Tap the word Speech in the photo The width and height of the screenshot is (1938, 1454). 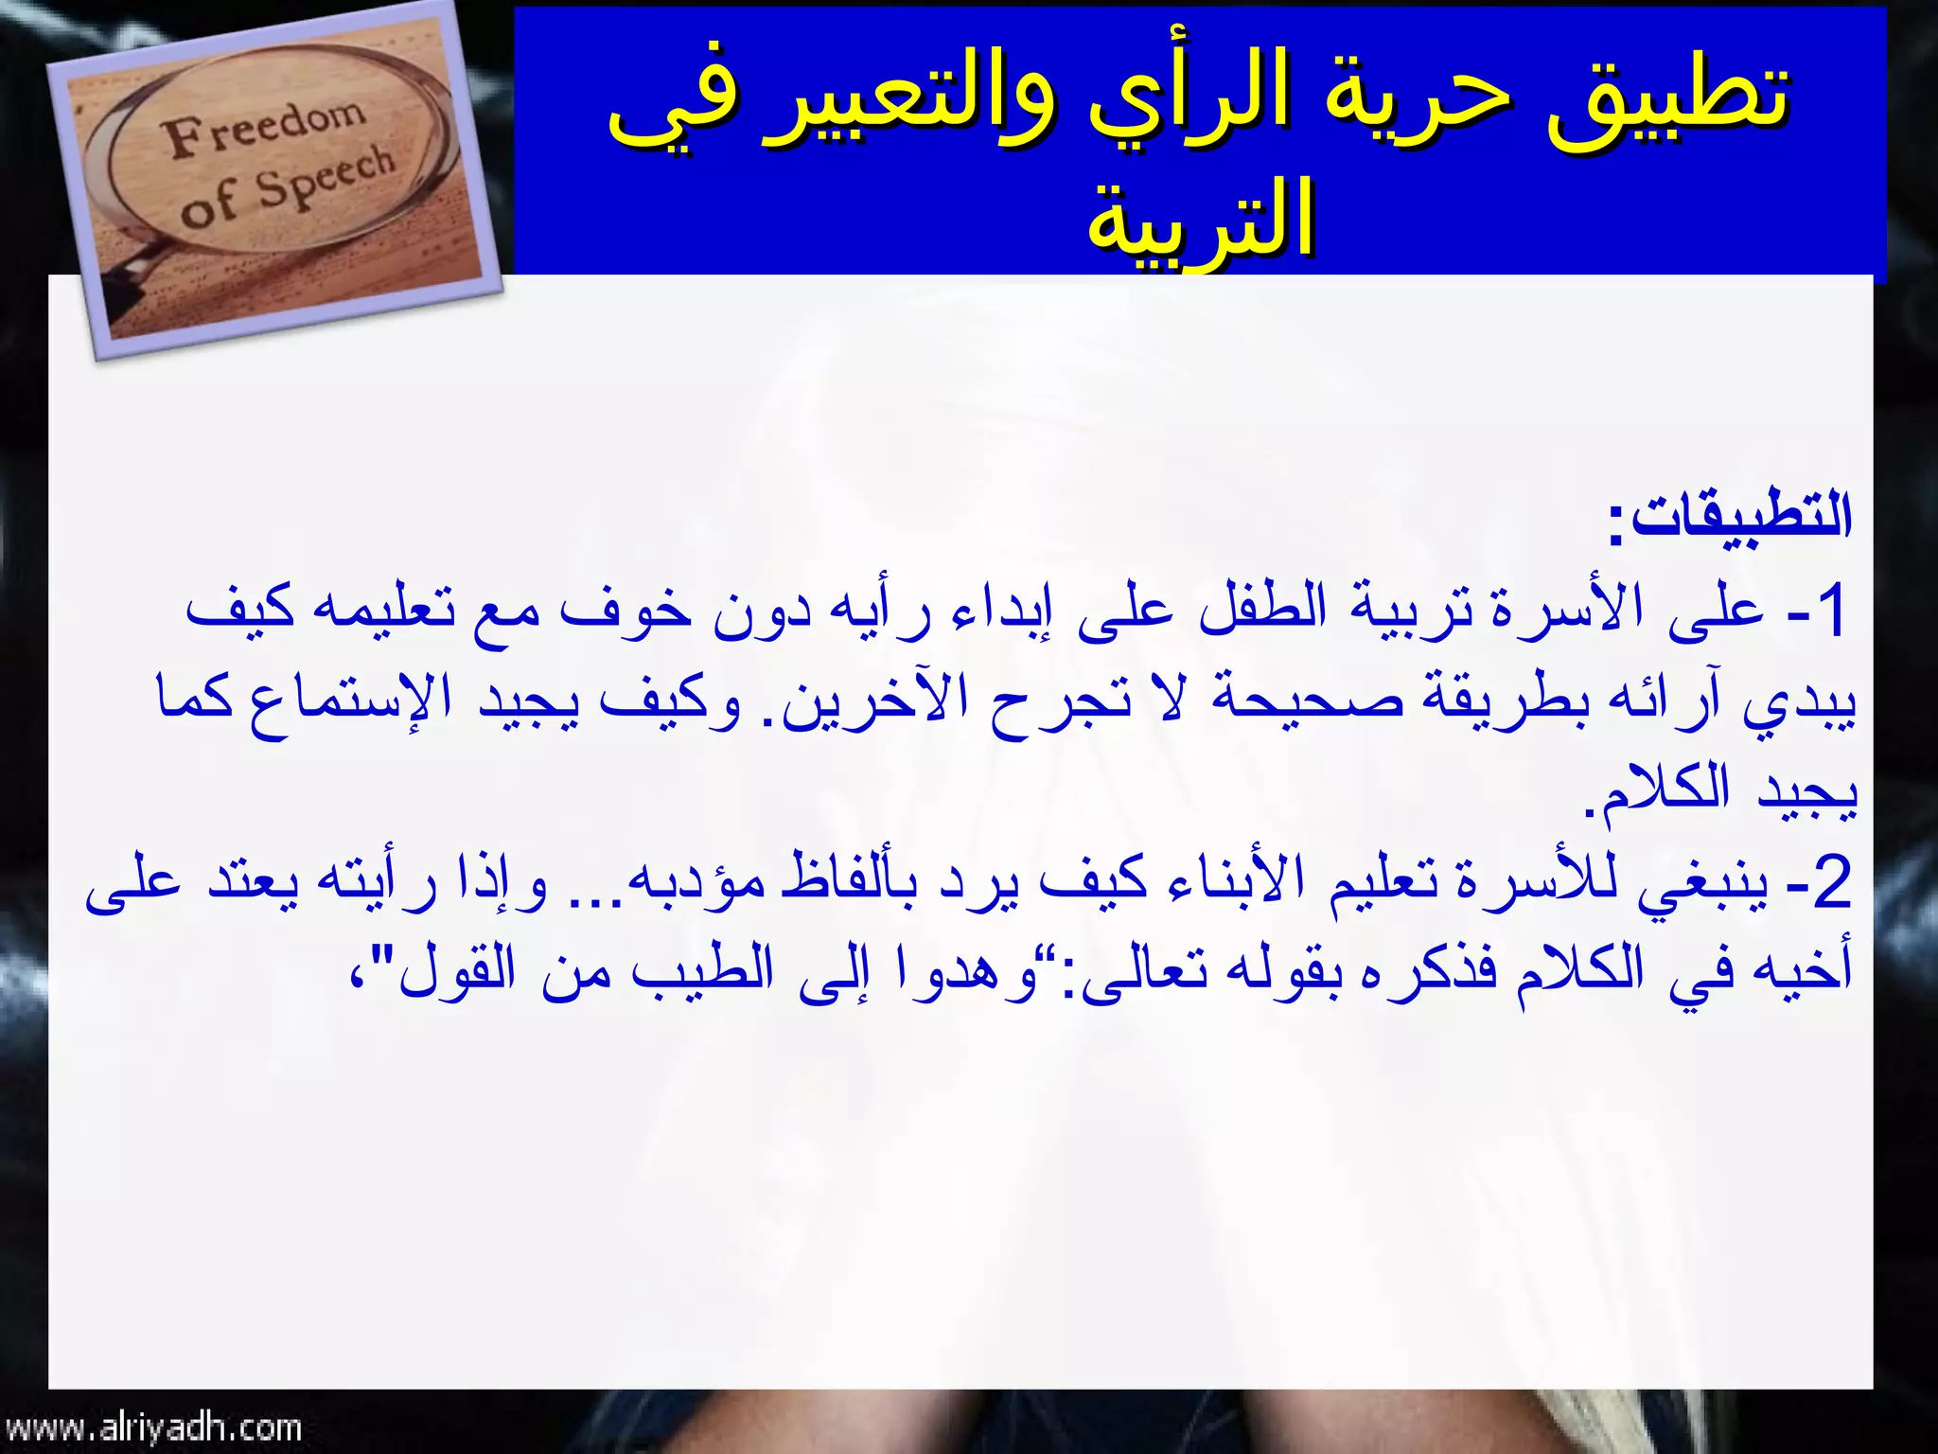[326, 176]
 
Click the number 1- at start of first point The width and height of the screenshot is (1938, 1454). [1817, 612]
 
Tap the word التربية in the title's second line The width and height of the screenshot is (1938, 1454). [1202, 223]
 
